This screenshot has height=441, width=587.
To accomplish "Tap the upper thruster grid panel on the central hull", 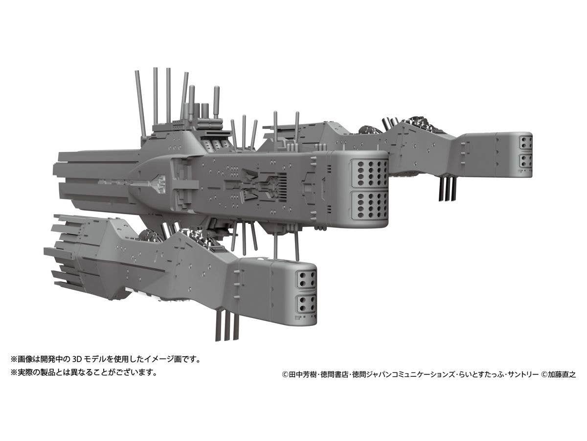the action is (369, 173).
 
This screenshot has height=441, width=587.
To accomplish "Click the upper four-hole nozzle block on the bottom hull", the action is (306, 279).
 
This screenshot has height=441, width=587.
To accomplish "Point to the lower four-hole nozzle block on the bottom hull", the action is (306, 304).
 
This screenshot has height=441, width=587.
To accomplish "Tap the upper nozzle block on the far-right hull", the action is (525, 143).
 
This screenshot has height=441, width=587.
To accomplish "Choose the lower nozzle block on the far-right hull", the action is (525, 160).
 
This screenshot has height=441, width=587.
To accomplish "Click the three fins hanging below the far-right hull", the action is (447, 189).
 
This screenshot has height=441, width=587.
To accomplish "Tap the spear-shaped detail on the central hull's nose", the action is (133, 183).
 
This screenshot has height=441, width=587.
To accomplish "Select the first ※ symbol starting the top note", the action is (14, 359).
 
